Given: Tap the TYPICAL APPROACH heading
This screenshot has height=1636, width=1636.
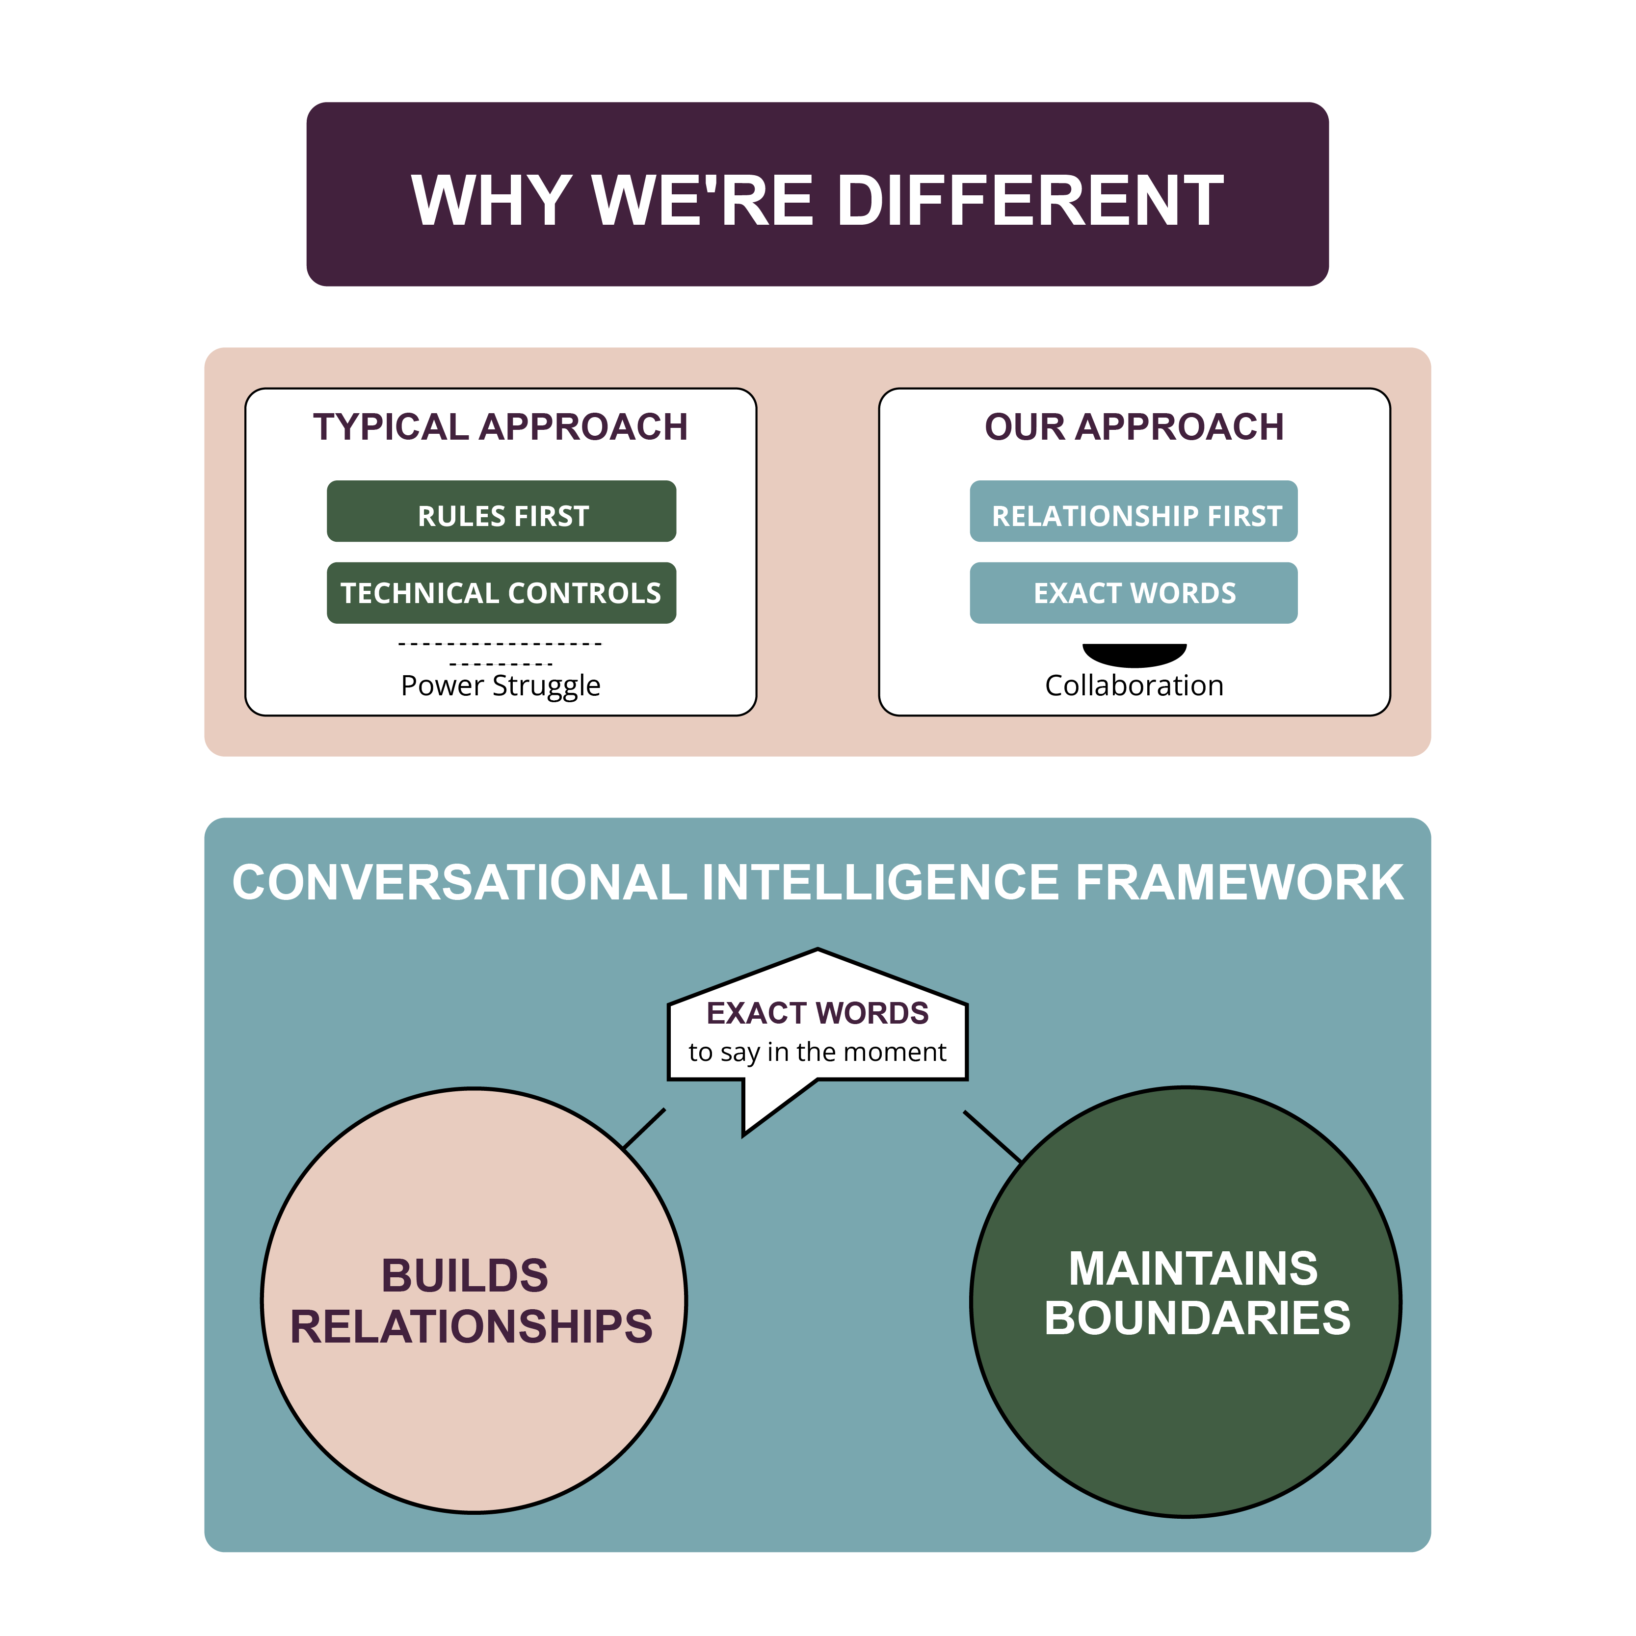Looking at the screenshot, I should point(501,427).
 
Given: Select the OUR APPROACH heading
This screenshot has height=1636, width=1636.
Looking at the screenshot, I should point(1134,427).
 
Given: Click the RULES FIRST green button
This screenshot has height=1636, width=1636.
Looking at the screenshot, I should point(501,511).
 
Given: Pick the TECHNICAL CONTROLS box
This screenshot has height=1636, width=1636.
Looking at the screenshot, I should point(501,593).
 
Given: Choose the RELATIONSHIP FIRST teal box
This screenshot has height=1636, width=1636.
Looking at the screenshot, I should point(1134,511).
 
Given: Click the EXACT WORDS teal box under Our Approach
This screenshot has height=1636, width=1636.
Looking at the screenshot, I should point(1134,593).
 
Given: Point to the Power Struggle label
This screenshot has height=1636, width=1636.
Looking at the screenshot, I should point(501,685).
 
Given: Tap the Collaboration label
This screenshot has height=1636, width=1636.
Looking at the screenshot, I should point(1134,685).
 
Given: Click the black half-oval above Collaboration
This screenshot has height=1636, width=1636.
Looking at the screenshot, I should point(1134,653).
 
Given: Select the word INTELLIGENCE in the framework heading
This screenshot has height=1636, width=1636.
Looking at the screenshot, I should point(881,882).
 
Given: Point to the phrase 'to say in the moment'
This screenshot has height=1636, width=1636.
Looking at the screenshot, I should point(817,1052).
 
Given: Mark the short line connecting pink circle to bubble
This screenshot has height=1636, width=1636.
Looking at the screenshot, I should point(644,1128).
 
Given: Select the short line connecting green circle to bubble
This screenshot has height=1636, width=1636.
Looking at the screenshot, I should point(992,1135).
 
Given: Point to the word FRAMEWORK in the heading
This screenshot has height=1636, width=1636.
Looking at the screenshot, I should point(1240,882).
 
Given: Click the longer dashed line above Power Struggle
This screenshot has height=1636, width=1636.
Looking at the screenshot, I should point(501,644).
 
